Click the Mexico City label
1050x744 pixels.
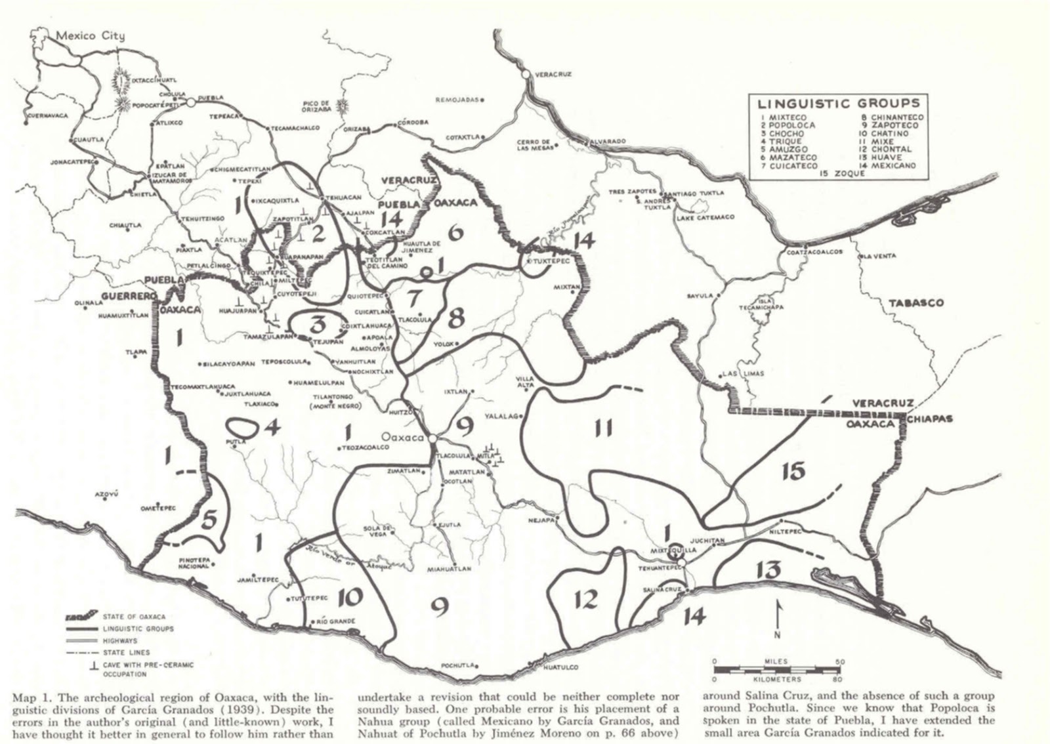click(x=90, y=36)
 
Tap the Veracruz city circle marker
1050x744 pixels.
click(x=526, y=75)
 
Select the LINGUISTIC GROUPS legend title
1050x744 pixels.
click(x=839, y=104)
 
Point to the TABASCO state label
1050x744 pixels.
click(x=915, y=303)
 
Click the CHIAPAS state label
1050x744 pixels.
click(x=931, y=419)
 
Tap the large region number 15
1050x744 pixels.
click(x=793, y=471)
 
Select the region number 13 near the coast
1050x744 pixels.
click(x=766, y=569)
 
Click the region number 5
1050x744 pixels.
click(x=209, y=518)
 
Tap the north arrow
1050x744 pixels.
click(x=777, y=617)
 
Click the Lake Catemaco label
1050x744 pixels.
click(x=705, y=217)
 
